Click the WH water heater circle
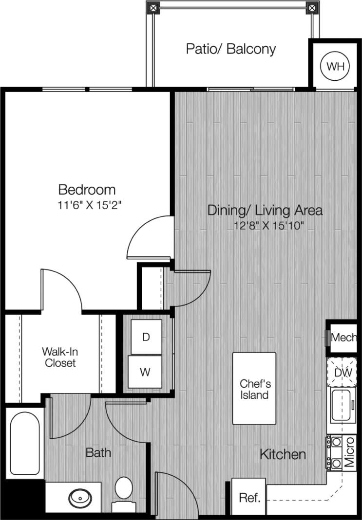click(335, 66)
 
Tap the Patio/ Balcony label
click(231, 49)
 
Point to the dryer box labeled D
click(145, 337)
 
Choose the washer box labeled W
click(145, 372)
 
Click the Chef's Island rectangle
click(254, 389)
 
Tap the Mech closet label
click(343, 337)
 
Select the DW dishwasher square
click(343, 372)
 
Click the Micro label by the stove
click(350, 452)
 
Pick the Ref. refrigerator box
click(248, 498)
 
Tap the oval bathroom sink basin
click(79, 498)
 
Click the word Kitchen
click(283, 455)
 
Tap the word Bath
click(98, 453)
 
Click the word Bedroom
click(87, 189)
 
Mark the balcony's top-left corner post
click(153, 8)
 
